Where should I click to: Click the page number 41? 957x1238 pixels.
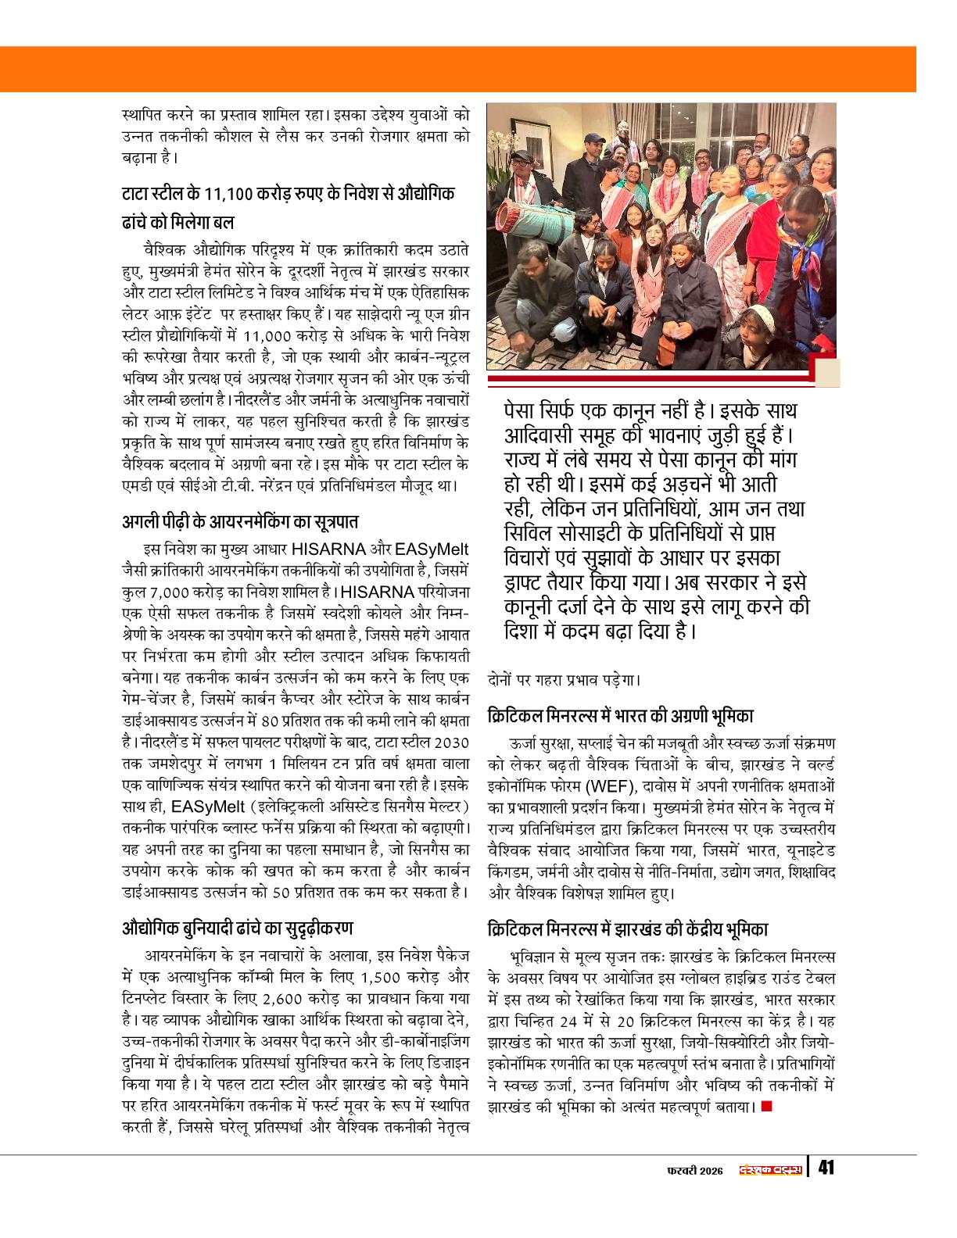coord(826,1168)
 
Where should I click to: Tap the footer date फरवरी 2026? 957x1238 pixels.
coord(694,1170)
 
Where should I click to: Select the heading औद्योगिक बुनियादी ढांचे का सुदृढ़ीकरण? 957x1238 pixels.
coord(238,928)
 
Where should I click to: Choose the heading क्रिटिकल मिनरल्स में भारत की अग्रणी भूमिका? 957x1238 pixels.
coord(620,714)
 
